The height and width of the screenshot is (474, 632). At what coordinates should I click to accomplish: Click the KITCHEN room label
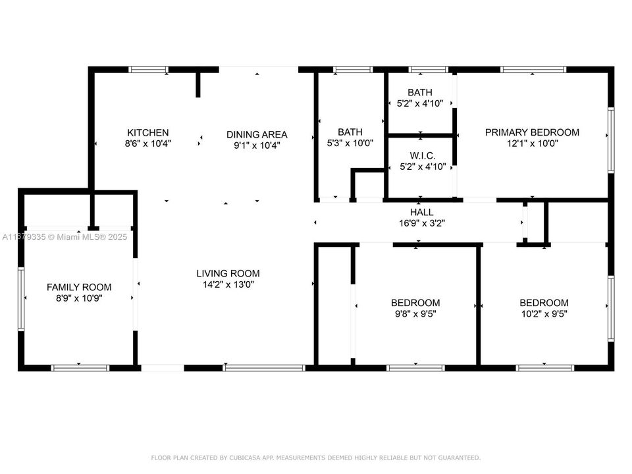148,132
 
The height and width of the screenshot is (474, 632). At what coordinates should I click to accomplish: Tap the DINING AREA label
257,134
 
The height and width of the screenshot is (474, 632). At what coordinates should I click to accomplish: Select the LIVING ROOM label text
228,273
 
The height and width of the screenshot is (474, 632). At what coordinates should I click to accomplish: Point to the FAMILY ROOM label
79,287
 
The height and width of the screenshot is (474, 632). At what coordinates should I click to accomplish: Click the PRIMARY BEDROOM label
532,132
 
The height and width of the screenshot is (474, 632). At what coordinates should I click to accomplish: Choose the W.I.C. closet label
422,155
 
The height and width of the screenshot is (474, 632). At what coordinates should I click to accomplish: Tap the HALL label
422,212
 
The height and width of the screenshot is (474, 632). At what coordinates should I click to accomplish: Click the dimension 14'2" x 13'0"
228,284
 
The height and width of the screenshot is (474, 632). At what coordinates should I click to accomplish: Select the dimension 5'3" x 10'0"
350,143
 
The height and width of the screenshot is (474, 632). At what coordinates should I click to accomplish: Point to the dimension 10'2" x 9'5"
544,314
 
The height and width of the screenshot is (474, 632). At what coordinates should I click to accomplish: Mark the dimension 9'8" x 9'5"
415,314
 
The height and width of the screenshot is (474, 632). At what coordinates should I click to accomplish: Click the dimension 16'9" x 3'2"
422,223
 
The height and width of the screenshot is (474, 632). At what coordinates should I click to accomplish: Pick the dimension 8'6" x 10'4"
148,143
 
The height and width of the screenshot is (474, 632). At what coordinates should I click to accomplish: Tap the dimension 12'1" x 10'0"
532,143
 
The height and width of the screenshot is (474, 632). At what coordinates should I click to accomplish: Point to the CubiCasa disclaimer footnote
316,458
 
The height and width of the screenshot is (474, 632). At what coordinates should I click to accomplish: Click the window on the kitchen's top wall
148,69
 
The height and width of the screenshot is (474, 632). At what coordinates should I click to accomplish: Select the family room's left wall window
21,298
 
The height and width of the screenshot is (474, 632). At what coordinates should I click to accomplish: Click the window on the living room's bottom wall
263,367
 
